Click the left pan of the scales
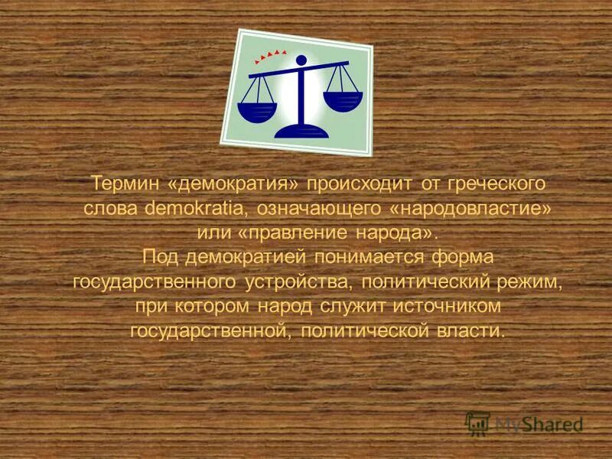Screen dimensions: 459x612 [x=256, y=111]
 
